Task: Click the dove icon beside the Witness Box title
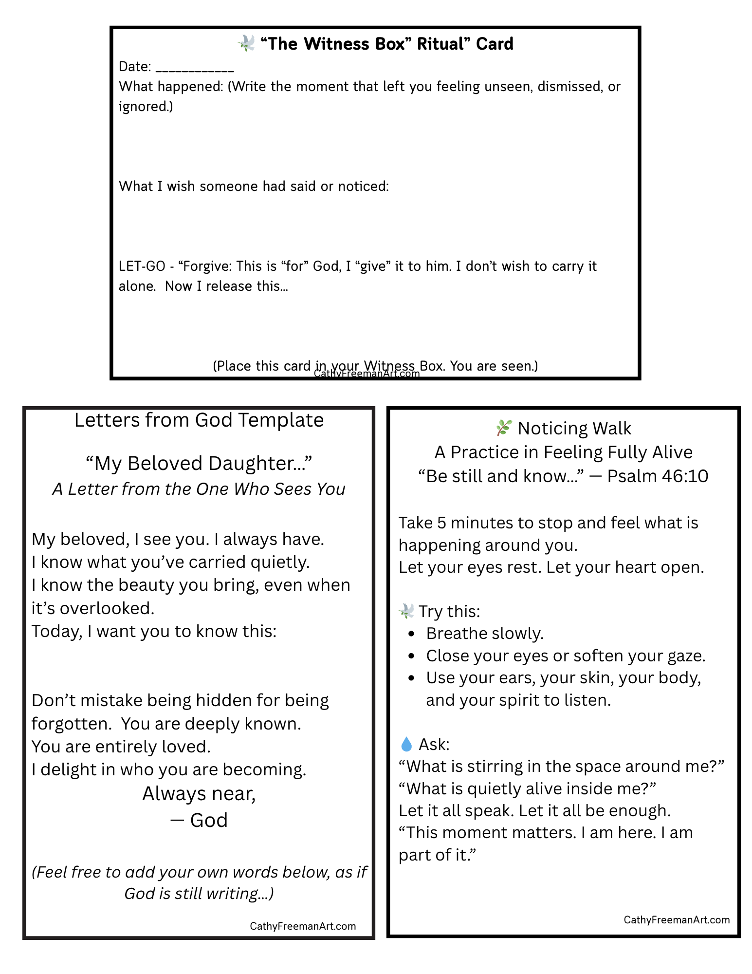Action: [x=246, y=43]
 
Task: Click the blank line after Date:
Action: [x=195, y=68]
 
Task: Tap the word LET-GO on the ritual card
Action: [x=142, y=266]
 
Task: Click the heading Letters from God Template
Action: [x=199, y=420]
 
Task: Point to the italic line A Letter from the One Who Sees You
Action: [x=199, y=489]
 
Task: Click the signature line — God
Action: [x=199, y=821]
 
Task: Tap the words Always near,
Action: [x=199, y=794]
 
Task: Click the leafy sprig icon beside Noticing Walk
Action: [x=503, y=428]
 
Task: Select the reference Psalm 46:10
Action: [x=658, y=476]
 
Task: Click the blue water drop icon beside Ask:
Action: [x=406, y=744]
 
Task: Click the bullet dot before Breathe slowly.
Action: [x=412, y=634]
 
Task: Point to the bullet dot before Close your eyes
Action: [x=412, y=656]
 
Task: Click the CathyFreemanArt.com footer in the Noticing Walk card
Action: [x=677, y=920]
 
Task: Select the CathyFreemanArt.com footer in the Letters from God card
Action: [x=303, y=926]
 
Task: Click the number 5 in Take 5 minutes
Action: [x=441, y=523]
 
